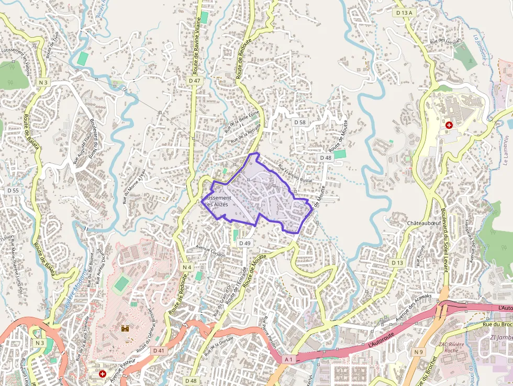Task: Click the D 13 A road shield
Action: (x=404, y=13)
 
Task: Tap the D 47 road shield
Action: (x=194, y=81)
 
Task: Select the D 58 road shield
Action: (x=299, y=122)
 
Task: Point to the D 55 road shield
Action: (x=13, y=191)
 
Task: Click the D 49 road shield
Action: (x=245, y=243)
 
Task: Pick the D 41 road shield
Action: (x=159, y=350)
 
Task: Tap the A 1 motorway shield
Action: (x=288, y=359)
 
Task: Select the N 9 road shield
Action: (x=418, y=352)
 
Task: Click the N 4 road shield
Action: (x=187, y=267)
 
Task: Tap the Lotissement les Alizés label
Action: (x=216, y=201)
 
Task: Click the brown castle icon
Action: (x=126, y=328)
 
